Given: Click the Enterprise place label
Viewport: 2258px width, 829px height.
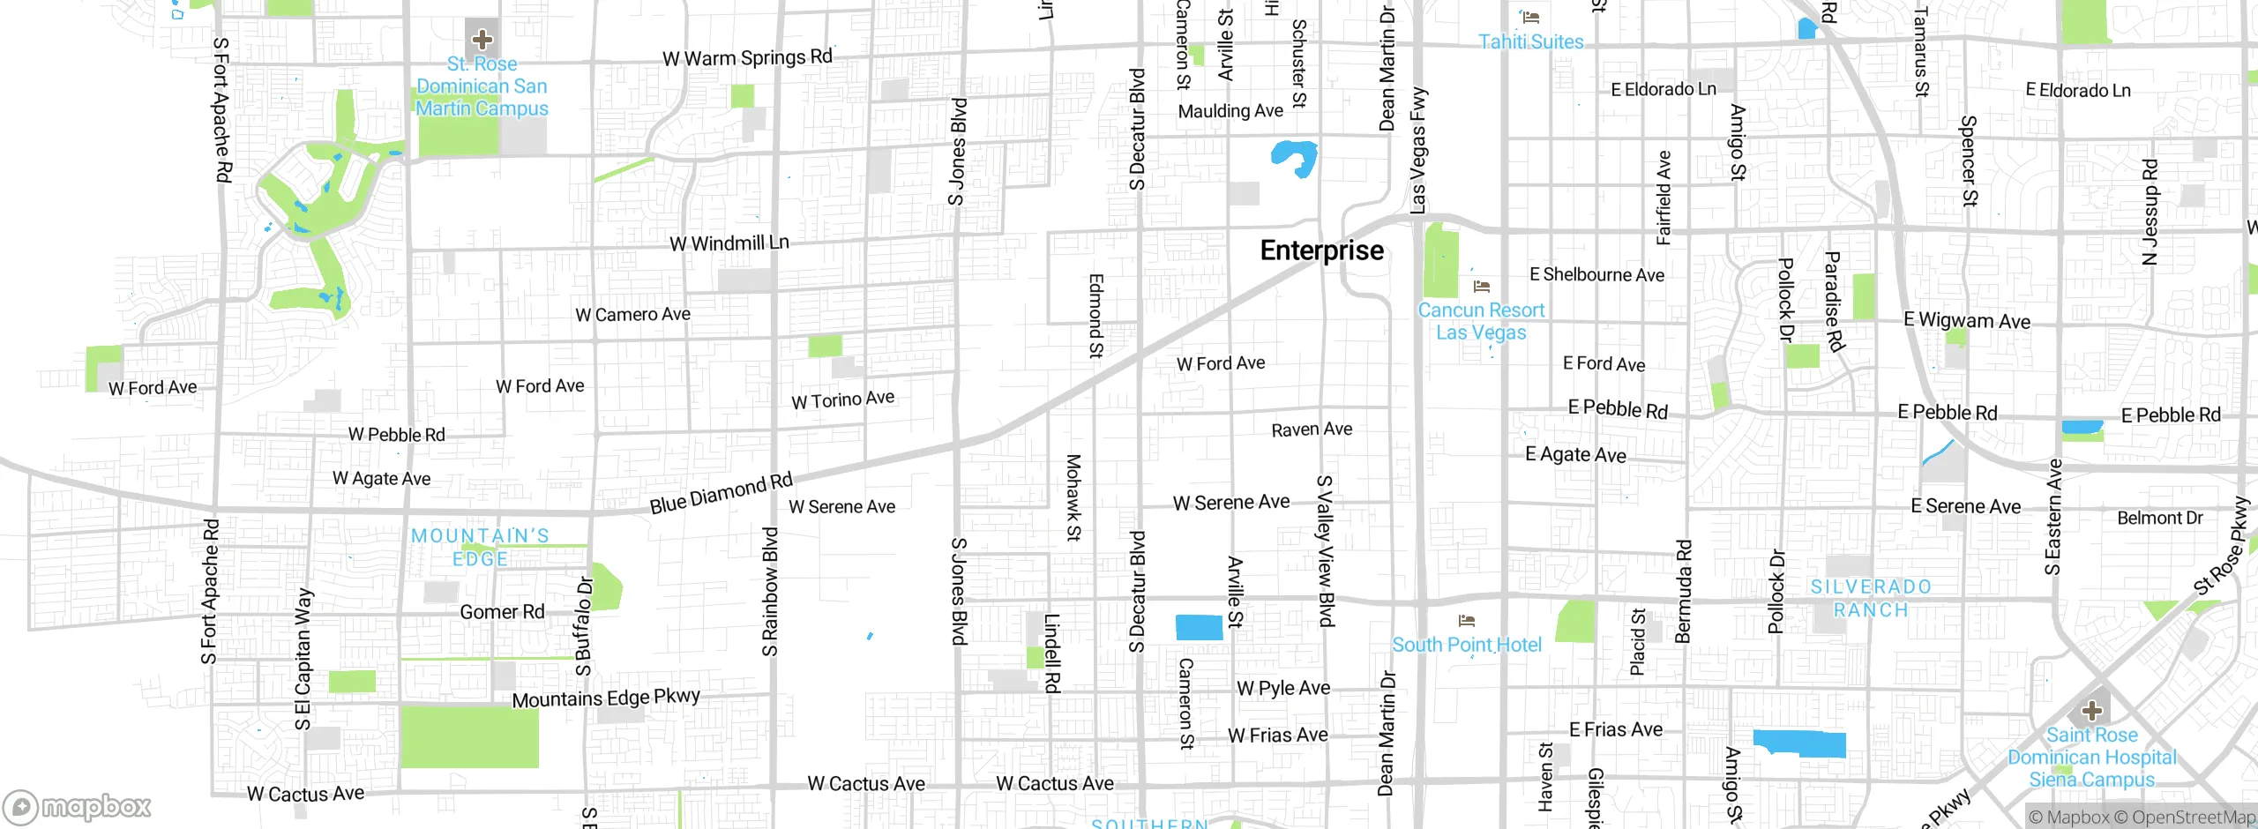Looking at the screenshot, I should (x=1321, y=250).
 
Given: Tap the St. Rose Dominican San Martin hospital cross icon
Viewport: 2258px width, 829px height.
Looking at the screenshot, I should (x=482, y=39).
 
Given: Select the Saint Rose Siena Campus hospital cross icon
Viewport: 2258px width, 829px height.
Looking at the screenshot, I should (x=2091, y=711).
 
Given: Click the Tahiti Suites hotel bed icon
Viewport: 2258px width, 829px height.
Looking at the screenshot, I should (x=1531, y=18).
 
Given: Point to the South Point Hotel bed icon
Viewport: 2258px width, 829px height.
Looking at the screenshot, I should (x=1467, y=622).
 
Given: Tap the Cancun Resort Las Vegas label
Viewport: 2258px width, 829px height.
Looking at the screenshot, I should (x=1481, y=322).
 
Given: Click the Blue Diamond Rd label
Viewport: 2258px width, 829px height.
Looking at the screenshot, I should (x=721, y=493).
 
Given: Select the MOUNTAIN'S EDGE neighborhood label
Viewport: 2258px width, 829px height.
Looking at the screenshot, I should (x=481, y=548).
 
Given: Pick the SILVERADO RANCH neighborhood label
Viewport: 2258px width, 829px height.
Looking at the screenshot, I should (x=1870, y=599).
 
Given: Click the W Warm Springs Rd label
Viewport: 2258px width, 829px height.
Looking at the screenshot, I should (x=747, y=58).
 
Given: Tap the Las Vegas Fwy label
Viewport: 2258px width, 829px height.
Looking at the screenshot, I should (x=1417, y=150).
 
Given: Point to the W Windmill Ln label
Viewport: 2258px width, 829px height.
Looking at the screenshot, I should (x=729, y=243).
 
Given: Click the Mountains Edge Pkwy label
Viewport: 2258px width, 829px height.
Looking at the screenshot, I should (x=606, y=698).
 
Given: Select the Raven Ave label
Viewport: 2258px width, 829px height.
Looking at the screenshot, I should (x=1312, y=429).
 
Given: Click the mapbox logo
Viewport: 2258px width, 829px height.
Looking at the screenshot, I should (x=78, y=806).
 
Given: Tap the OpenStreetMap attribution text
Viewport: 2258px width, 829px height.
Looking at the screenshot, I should (x=2191, y=818).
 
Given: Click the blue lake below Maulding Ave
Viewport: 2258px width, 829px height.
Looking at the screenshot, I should (x=1294, y=157).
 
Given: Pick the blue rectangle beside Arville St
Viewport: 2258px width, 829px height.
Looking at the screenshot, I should (x=1199, y=627).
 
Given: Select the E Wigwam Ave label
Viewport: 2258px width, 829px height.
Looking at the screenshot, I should (x=1967, y=321).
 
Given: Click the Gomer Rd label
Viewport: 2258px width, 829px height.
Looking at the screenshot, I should (x=502, y=612).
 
